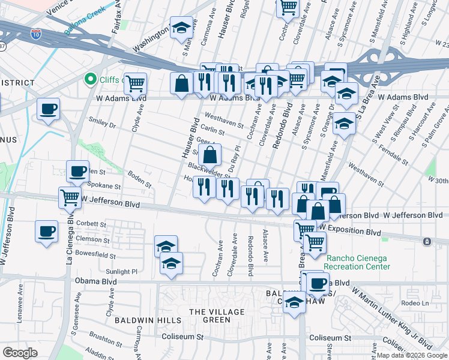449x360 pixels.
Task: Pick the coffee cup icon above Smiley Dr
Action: point(48,109)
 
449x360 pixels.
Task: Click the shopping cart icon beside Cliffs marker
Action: point(136,83)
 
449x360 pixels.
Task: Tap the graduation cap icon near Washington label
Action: point(181,27)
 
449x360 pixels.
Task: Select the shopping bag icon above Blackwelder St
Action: point(210,155)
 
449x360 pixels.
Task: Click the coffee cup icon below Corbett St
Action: point(47,231)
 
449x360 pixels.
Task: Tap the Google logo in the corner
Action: point(20,353)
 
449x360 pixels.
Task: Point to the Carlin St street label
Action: point(212,130)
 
